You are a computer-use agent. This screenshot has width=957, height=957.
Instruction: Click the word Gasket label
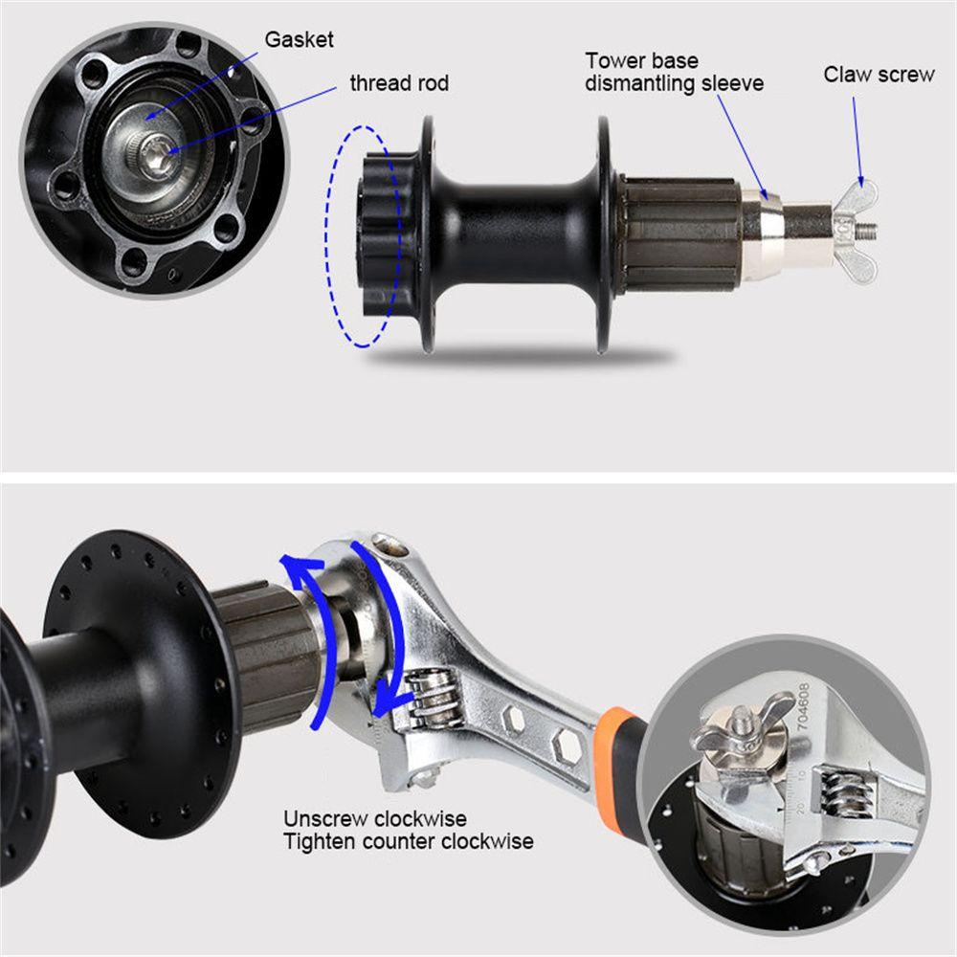coord(299,40)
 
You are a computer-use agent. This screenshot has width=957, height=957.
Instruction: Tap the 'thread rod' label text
coord(399,83)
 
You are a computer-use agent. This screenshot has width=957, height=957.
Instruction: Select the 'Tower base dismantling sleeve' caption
coord(675,73)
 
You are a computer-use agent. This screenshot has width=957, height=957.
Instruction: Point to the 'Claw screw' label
coord(879,74)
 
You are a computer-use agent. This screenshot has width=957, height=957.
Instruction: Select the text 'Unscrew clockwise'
coord(375,819)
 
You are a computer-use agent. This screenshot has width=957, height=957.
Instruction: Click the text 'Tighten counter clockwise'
coord(409,842)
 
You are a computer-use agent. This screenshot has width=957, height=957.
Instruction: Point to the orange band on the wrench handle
coord(618,734)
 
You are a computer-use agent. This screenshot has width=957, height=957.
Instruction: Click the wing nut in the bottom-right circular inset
coord(738,727)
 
